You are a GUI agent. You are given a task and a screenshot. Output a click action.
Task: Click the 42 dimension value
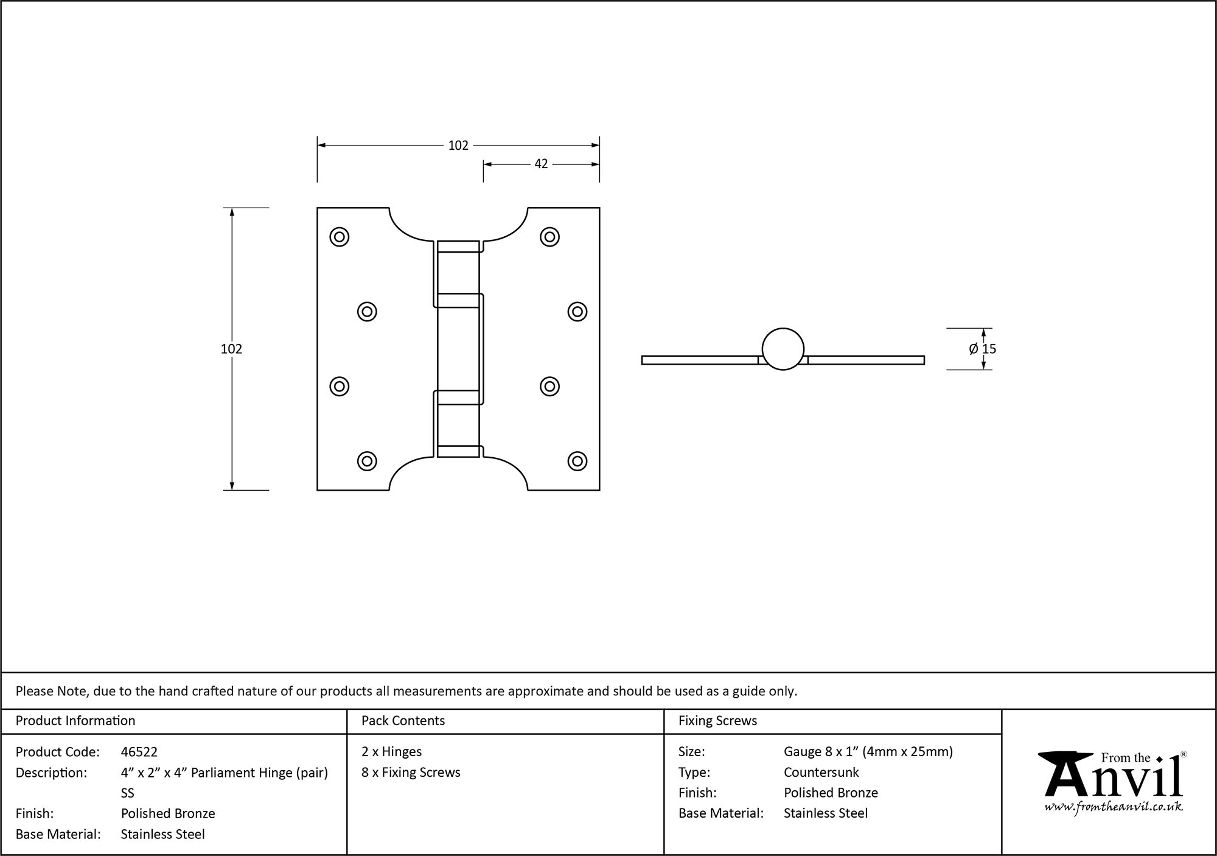pyautogui.click(x=541, y=164)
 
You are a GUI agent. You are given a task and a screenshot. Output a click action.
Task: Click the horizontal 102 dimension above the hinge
pyautogui.click(x=458, y=146)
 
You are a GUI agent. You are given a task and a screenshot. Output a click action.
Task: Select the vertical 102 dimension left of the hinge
pyautogui.click(x=231, y=349)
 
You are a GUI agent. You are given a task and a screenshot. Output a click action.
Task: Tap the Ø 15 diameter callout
pyautogui.click(x=982, y=349)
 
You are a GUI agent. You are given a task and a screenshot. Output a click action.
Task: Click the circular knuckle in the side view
pyautogui.click(x=783, y=349)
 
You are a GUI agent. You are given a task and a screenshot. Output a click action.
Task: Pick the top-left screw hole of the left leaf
pyautogui.click(x=339, y=237)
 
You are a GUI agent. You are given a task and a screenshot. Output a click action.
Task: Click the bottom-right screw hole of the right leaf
pyautogui.click(x=577, y=461)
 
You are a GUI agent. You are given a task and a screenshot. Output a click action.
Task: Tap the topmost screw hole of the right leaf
pyautogui.click(x=549, y=237)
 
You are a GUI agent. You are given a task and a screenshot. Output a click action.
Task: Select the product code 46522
pyautogui.click(x=139, y=752)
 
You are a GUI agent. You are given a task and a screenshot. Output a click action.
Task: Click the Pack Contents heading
pyautogui.click(x=403, y=721)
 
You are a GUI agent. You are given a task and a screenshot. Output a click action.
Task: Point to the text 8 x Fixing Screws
pyautogui.click(x=411, y=772)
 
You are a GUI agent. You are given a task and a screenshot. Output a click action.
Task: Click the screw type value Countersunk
pyautogui.click(x=821, y=772)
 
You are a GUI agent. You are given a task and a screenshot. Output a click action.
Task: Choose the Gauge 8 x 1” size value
pyautogui.click(x=868, y=752)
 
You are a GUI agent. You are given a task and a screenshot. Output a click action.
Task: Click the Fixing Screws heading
pyautogui.click(x=717, y=721)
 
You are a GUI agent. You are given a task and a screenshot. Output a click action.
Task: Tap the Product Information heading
pyautogui.click(x=75, y=721)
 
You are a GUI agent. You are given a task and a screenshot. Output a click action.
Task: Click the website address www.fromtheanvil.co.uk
pyautogui.click(x=1114, y=807)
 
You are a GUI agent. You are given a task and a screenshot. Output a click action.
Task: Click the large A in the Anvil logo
pyautogui.click(x=1062, y=776)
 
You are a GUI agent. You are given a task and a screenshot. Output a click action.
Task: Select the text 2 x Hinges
pyautogui.click(x=391, y=752)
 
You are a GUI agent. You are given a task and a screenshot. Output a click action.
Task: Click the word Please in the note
pyautogui.click(x=35, y=691)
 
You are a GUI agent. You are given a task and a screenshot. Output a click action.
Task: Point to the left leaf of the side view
pyautogui.click(x=700, y=360)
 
